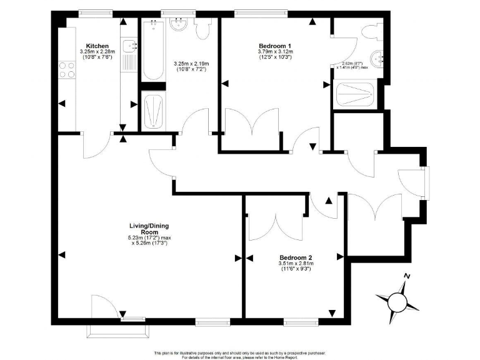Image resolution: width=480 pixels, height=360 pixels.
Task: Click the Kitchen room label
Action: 99,46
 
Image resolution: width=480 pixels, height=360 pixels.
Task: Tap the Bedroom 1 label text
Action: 275,46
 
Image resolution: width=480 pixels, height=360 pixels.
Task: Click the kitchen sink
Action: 130,45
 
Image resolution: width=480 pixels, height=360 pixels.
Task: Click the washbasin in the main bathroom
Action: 178,25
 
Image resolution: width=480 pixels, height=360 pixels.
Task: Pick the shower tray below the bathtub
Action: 153,110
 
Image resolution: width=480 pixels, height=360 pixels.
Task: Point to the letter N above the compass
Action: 407,277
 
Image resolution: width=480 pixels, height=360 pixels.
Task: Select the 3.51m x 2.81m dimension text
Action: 296,264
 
